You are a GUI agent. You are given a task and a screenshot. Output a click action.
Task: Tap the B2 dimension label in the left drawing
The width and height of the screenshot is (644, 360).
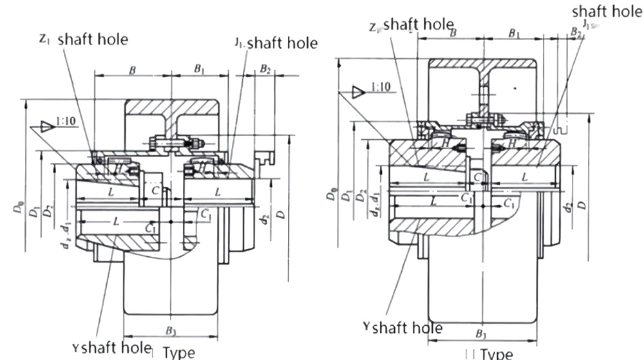(x=265, y=69)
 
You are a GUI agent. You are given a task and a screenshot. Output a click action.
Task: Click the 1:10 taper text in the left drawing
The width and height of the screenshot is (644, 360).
(x=65, y=120)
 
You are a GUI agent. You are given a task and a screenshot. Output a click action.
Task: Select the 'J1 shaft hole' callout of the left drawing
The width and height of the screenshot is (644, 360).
(x=276, y=43)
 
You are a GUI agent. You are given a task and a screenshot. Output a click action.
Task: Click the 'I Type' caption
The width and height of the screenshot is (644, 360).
(x=175, y=352)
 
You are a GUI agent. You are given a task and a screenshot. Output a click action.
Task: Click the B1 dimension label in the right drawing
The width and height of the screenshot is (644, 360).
(x=515, y=33)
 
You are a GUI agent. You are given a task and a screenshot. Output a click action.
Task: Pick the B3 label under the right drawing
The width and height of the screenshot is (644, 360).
(x=481, y=334)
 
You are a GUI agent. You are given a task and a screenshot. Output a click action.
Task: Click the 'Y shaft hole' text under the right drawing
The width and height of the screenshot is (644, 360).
(x=403, y=327)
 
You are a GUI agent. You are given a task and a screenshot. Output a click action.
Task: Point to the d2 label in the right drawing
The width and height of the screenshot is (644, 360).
(x=567, y=207)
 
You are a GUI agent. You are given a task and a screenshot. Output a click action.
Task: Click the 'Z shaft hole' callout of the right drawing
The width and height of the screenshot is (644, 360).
(x=412, y=25)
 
